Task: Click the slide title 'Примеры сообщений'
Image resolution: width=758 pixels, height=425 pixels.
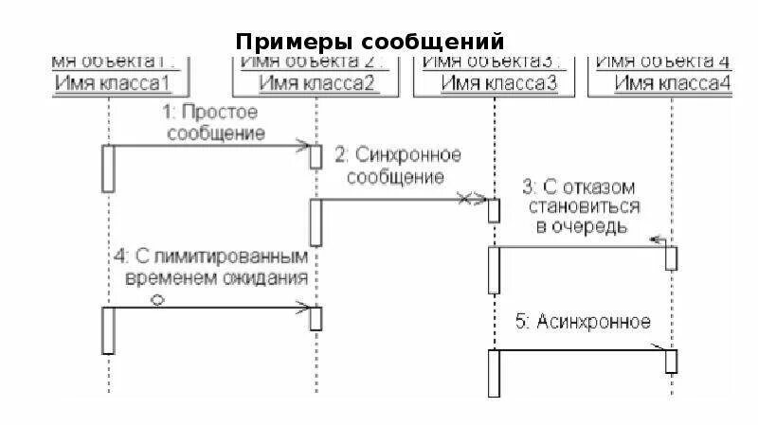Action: coord(370,42)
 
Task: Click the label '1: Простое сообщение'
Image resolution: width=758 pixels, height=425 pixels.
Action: coord(215,120)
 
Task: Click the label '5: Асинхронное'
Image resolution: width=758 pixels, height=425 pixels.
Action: coord(583,322)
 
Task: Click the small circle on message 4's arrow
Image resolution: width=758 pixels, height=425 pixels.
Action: coord(158,299)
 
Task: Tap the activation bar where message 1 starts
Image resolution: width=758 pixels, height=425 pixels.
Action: coord(108,168)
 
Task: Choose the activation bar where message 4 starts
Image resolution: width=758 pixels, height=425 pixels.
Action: coord(108,329)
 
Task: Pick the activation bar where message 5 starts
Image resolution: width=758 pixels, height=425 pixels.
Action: coord(494,373)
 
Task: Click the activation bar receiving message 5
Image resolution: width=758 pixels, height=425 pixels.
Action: coord(671,361)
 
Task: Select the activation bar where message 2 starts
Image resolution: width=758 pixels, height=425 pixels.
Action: coord(316,221)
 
